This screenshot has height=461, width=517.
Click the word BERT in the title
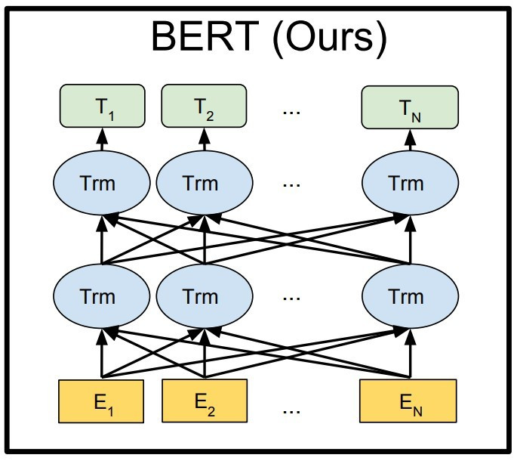point(205,36)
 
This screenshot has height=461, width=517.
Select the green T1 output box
point(102,106)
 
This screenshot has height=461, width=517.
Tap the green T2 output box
point(204,106)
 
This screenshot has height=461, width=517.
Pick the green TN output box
point(410,107)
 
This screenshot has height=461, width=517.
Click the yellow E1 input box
point(101,401)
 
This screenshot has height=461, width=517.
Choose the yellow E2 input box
point(205,401)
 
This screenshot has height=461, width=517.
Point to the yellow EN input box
point(408,401)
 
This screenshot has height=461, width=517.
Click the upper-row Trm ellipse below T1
point(102,183)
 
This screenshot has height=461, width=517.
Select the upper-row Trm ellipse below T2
point(205,183)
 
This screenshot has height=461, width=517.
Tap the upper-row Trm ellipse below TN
point(410,183)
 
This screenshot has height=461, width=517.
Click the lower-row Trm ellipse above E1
point(102,296)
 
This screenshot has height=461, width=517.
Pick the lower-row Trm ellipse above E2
point(205,296)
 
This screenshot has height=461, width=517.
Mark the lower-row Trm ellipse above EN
point(410,296)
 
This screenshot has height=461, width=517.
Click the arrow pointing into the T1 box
point(102,139)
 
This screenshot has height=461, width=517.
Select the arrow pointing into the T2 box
point(205,139)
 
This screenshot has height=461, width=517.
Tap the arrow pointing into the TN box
point(410,140)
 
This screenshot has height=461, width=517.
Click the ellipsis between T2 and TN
point(291,113)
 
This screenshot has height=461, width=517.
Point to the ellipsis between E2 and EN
point(291,412)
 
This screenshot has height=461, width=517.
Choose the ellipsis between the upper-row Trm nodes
point(291,185)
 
